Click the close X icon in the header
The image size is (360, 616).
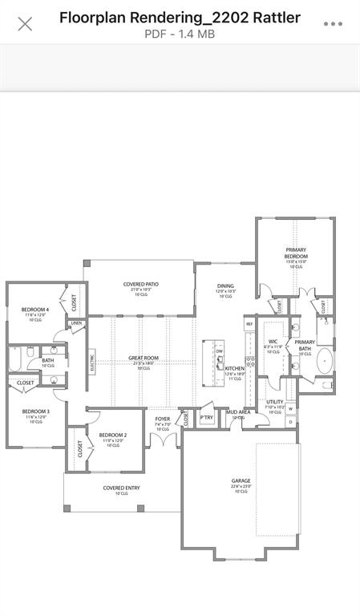coord(25,24)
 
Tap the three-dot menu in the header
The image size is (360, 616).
coord(333,24)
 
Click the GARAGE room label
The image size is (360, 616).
coord(241,481)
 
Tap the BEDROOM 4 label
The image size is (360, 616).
coord(35,310)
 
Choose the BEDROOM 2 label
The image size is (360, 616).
coord(113,436)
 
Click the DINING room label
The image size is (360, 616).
coord(226,286)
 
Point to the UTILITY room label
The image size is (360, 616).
coord(275,402)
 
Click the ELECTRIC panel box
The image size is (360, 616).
coord(92,363)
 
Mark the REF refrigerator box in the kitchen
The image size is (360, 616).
coord(249,324)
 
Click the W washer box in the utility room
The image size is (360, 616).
coord(290,408)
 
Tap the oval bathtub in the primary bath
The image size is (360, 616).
coord(326,361)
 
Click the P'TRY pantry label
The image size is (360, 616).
coord(207,418)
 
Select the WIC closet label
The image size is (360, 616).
coord(273,342)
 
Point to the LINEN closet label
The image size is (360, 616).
coord(76,324)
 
